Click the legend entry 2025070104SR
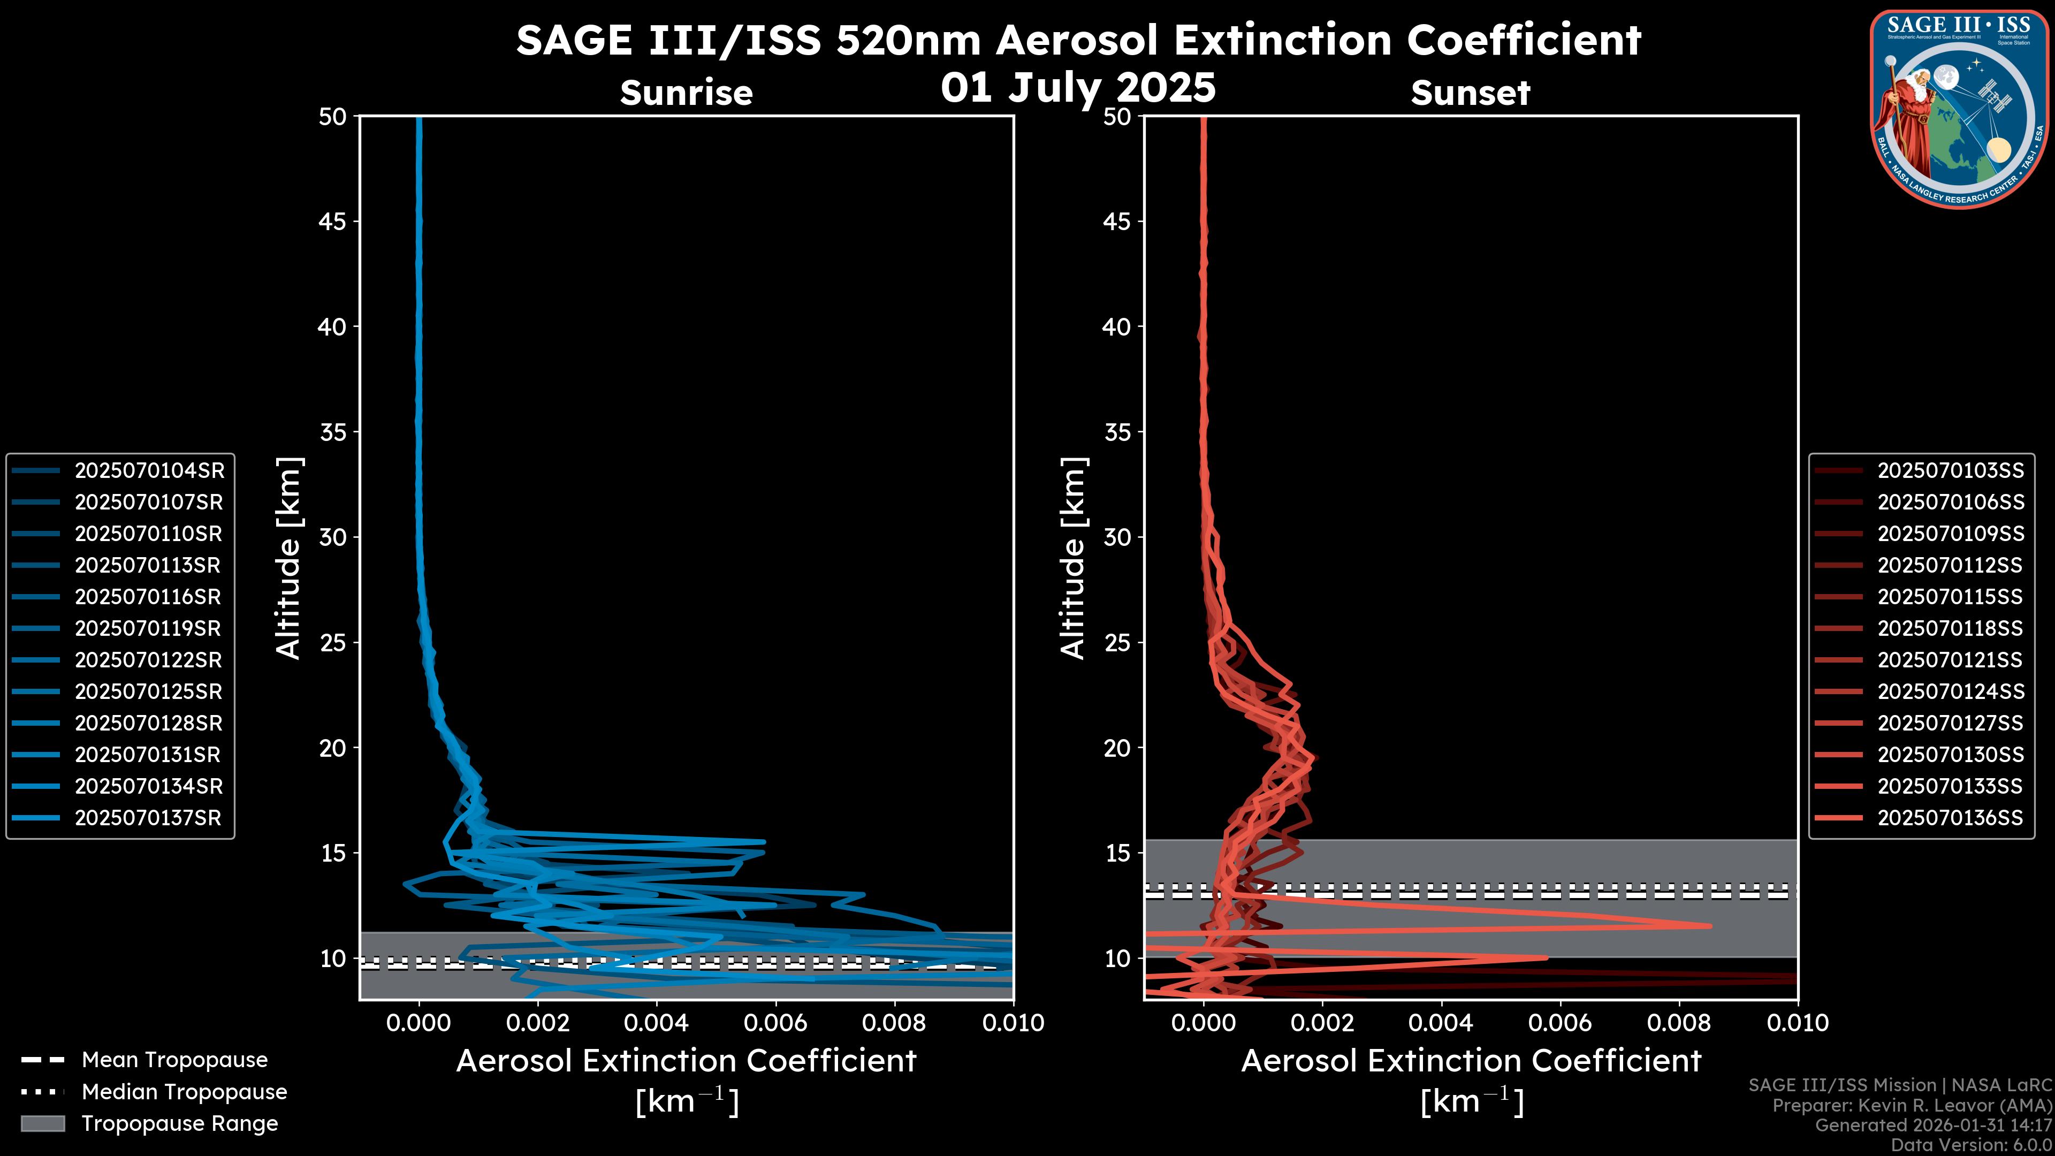pos(149,471)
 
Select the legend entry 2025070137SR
pos(148,818)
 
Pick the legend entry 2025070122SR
pos(148,660)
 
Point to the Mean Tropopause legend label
pos(174,1060)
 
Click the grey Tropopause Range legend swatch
pos(42,1123)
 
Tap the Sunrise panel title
pos(686,93)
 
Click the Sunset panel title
pos(1470,93)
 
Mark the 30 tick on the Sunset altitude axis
pos(1117,537)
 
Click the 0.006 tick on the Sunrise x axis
pos(775,1023)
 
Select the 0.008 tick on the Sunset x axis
pos(1679,1023)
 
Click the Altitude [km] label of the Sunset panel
pos(1073,558)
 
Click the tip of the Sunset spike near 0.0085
pos(1710,925)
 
